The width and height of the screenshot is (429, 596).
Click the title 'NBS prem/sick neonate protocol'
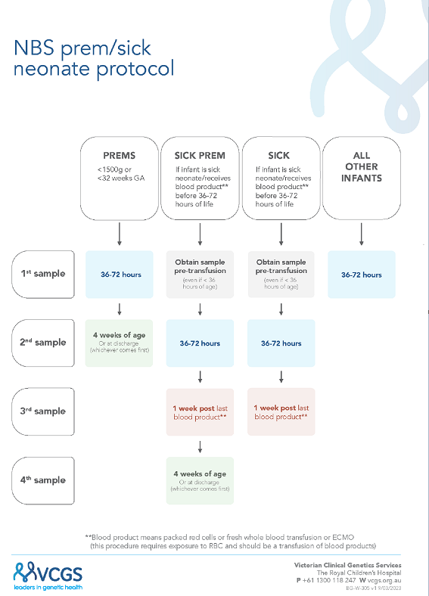[94, 59]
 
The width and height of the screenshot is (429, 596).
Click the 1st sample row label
[42, 273]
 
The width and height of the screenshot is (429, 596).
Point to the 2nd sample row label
[42, 342]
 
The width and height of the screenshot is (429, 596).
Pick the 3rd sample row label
[42, 411]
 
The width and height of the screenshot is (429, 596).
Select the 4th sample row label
[42, 480]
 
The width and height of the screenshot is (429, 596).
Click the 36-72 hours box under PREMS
[119, 274]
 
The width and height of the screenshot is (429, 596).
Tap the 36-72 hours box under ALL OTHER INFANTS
[361, 274]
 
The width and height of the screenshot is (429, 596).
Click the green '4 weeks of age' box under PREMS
[119, 342]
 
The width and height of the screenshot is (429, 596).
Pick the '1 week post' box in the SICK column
[281, 411]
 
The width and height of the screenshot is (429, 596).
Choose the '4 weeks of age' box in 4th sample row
[200, 480]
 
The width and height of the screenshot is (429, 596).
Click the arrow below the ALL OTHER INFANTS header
[361, 234]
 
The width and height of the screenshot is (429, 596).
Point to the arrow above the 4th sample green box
[200, 445]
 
